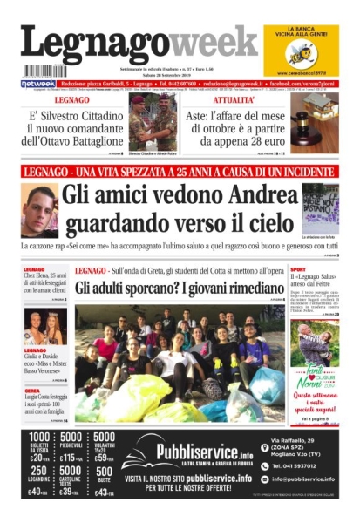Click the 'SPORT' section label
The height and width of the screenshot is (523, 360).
(x=298, y=270)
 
